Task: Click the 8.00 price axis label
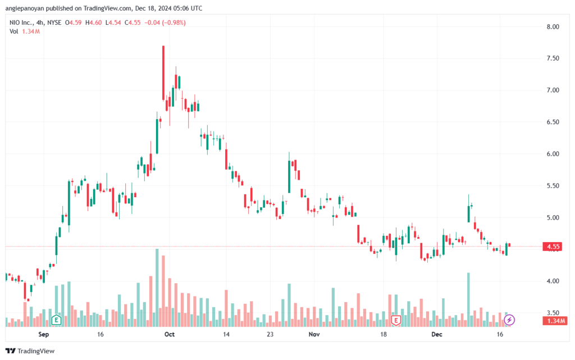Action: (x=553, y=27)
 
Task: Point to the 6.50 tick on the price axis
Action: (x=553, y=122)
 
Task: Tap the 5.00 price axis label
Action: (x=553, y=218)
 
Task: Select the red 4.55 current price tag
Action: (x=553, y=247)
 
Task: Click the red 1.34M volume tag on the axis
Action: (x=555, y=321)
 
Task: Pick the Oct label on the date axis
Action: (x=170, y=334)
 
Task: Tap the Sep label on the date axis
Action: (x=44, y=334)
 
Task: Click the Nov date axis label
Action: (x=314, y=334)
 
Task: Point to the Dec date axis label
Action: (x=437, y=334)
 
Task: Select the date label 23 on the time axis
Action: (x=270, y=334)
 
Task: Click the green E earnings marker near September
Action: (x=56, y=320)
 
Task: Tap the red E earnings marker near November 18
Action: (x=396, y=320)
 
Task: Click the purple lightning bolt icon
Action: (x=509, y=320)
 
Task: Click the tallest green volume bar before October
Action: (x=157, y=288)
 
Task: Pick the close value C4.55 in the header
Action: (x=133, y=22)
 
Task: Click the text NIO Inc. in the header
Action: (x=21, y=22)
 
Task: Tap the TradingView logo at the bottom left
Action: (x=30, y=351)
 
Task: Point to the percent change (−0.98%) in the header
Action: (x=174, y=22)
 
